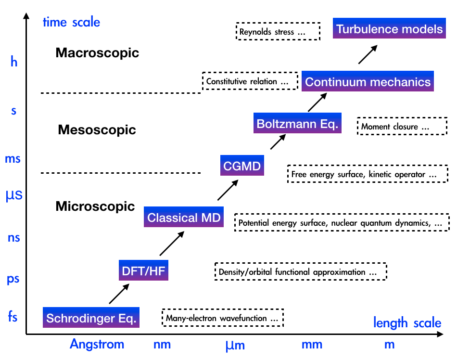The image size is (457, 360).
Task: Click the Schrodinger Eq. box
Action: (x=91, y=318)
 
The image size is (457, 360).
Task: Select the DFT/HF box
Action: (x=144, y=270)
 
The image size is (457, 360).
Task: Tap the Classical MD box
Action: (x=184, y=218)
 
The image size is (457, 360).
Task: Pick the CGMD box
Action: (x=241, y=167)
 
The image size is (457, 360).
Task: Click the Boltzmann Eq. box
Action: (x=297, y=123)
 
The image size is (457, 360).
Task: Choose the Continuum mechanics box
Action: (x=368, y=81)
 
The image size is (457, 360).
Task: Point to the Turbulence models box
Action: (x=389, y=29)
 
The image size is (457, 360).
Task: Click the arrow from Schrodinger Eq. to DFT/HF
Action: (x=119, y=294)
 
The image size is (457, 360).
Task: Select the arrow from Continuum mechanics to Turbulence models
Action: (x=368, y=54)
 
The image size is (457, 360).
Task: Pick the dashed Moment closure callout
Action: (x=395, y=127)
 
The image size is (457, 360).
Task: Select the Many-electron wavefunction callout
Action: (x=223, y=318)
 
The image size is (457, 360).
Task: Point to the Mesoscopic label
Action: (x=97, y=129)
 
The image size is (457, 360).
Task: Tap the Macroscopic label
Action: (x=97, y=53)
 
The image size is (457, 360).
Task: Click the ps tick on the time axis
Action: (x=13, y=279)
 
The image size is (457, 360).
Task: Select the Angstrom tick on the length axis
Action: (x=97, y=344)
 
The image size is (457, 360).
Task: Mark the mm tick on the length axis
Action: (x=312, y=345)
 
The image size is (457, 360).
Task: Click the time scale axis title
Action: (x=71, y=22)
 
